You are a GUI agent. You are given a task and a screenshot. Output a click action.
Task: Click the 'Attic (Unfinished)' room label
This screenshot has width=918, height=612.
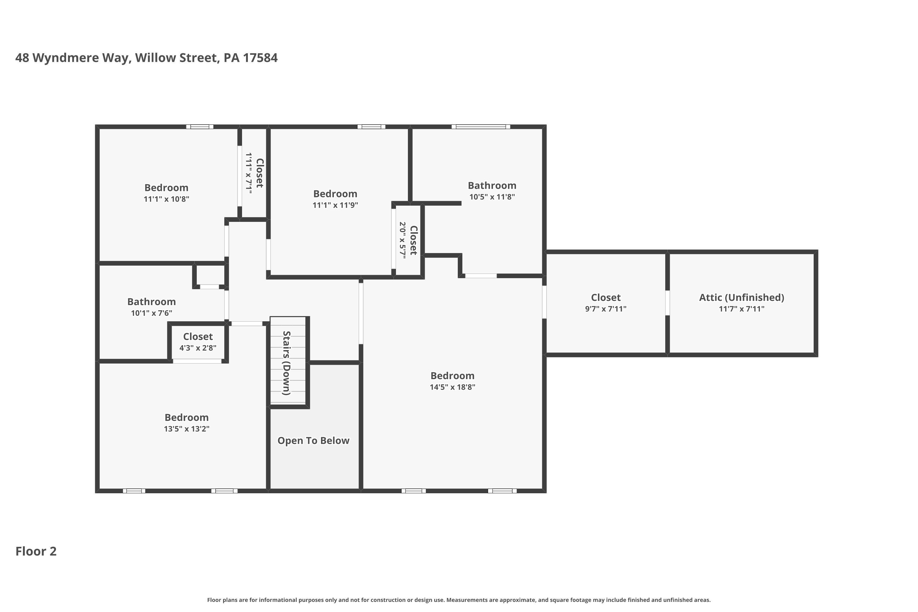pos(741,297)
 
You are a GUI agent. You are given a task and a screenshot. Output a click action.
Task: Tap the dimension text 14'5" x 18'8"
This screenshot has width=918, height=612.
pos(452,387)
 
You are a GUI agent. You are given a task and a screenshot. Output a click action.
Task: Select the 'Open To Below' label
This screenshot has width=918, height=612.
pos(313,441)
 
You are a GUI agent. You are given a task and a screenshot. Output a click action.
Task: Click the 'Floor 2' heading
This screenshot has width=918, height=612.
pos(36,551)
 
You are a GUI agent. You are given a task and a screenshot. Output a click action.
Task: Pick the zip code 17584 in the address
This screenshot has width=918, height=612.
pos(260,58)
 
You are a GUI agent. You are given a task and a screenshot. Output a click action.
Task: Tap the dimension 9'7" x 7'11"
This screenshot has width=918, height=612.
pos(605,309)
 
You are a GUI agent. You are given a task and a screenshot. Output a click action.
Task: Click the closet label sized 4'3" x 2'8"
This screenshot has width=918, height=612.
pos(198,336)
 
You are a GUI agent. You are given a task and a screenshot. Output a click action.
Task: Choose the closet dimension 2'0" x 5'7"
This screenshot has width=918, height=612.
pos(402,240)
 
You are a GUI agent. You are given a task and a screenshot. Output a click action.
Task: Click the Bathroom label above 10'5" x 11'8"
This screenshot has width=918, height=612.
pos(492,185)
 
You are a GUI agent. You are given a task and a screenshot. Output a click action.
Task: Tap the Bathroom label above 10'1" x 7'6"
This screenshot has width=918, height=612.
pos(151,302)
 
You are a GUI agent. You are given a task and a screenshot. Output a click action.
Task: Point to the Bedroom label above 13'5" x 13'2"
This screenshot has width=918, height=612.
pos(187,417)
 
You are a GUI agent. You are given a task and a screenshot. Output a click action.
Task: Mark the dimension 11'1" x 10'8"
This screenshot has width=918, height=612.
pos(166,199)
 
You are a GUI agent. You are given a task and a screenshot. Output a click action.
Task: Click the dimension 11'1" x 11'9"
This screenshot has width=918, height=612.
pos(335,205)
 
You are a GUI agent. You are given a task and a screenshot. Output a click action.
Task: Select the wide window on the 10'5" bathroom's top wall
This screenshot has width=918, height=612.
pos(481,126)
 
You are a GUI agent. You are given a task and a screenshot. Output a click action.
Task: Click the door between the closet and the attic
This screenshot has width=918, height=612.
pos(667,303)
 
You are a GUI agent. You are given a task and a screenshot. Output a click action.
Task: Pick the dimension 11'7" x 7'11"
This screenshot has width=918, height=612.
pos(741,309)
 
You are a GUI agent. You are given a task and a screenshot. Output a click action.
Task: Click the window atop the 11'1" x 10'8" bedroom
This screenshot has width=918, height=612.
pos(200,126)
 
